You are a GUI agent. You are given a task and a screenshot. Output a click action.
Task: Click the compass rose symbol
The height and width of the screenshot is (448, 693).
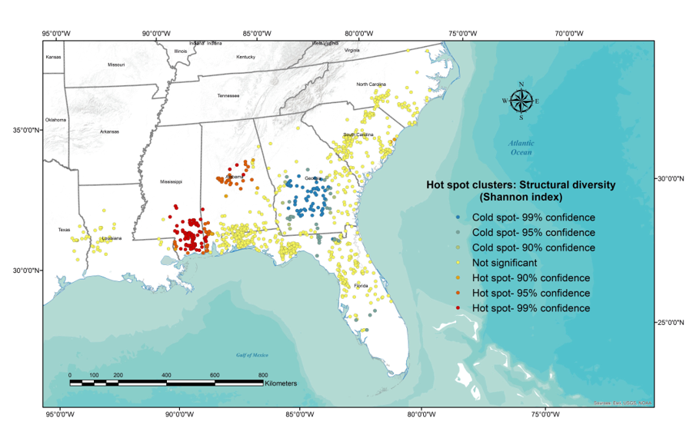coord(521,101)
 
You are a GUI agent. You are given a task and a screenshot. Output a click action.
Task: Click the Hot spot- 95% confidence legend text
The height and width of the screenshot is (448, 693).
coord(531,293)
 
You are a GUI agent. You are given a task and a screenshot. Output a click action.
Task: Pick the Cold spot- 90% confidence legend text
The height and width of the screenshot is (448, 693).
coord(533,247)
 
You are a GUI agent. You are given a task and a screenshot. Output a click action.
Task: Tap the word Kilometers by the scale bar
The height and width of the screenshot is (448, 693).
coord(280,382)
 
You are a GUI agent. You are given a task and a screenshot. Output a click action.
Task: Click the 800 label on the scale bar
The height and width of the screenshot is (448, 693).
coord(263,375)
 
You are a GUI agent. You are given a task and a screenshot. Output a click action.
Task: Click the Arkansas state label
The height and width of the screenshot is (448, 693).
coord(109,131)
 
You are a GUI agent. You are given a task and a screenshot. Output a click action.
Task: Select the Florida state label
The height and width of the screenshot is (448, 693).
coord(361,286)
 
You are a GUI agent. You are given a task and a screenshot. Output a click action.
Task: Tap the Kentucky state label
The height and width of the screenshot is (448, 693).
coord(245,57)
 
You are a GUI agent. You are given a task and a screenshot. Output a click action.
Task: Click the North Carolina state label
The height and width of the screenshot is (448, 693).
coord(371,85)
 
